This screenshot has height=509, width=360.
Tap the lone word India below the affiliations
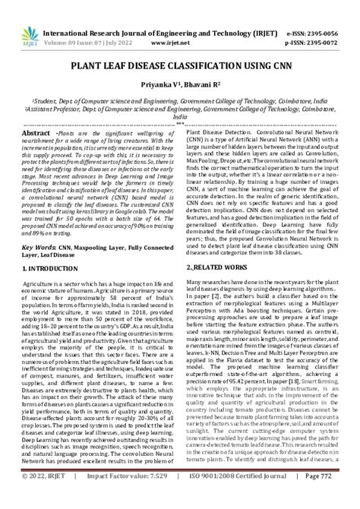coord(179,117)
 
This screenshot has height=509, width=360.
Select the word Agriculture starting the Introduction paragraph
coord(43,283)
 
